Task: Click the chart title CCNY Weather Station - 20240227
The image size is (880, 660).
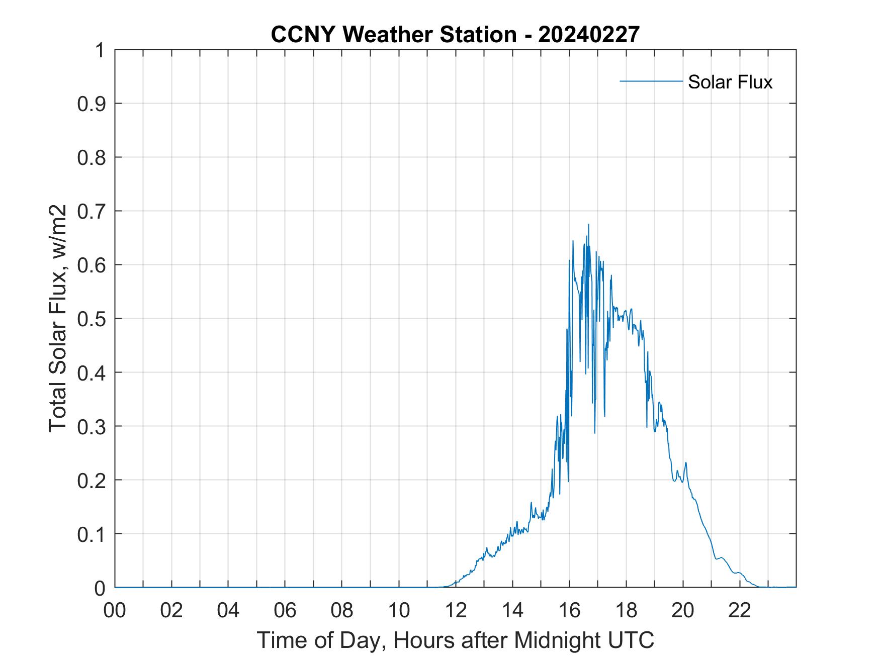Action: (455, 35)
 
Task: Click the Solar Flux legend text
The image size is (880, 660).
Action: (730, 82)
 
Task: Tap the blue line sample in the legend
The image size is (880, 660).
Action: (651, 81)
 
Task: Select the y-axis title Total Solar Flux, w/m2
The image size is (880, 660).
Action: (58, 319)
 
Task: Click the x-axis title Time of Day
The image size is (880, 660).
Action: (455, 640)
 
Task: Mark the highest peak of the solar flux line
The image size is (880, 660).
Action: (588, 225)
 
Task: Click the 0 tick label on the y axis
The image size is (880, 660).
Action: (100, 588)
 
